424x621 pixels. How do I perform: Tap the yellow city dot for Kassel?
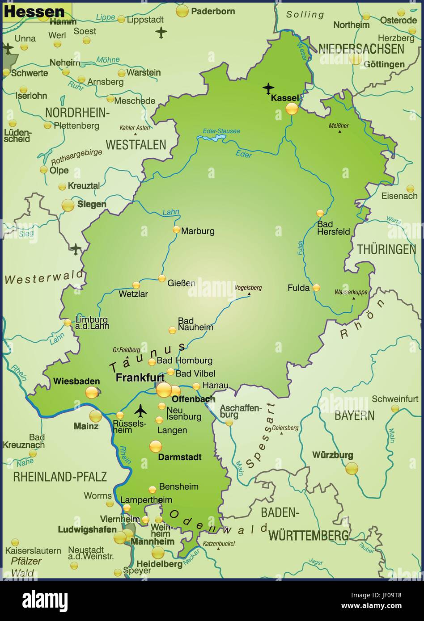click(292, 109)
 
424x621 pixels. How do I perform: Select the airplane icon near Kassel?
click(268, 88)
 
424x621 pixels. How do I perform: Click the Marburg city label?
click(198, 231)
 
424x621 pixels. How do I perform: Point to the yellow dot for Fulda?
click(316, 288)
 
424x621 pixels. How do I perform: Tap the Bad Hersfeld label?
click(333, 228)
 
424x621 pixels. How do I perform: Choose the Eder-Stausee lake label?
click(221, 131)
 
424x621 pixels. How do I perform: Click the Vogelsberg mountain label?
click(248, 288)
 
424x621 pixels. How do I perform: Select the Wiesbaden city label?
click(76, 381)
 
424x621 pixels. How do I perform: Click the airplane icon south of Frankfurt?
click(141, 409)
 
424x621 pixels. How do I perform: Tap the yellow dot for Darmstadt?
click(156, 446)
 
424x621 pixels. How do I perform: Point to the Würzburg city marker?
click(352, 468)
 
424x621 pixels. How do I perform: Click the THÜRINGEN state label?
click(386, 249)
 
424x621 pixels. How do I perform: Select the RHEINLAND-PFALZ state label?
click(60, 476)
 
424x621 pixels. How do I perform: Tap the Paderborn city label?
click(213, 11)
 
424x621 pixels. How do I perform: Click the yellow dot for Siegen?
click(68, 205)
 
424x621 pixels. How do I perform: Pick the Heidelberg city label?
click(160, 564)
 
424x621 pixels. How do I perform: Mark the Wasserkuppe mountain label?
click(351, 292)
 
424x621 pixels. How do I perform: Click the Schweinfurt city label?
click(395, 399)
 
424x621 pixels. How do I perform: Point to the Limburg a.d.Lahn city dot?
click(67, 322)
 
